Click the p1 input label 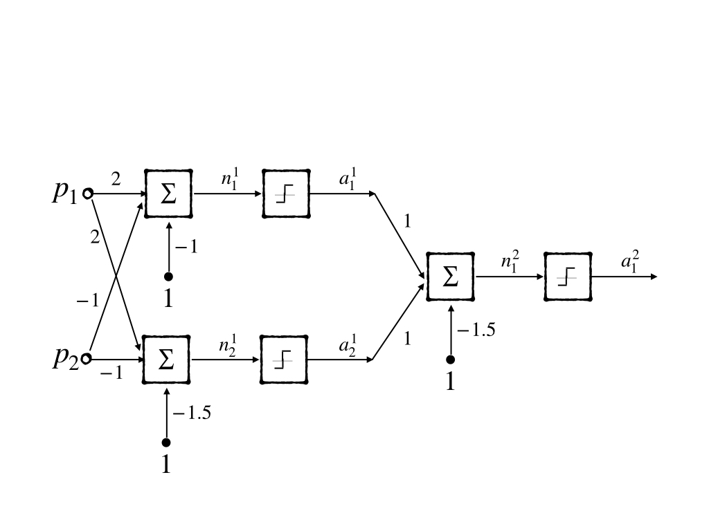(x=66, y=193)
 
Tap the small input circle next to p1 (x=87, y=194)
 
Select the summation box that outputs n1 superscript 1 (x=168, y=194)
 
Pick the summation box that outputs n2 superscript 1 (x=166, y=360)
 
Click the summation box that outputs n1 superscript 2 (x=450, y=277)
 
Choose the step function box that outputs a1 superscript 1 (x=285, y=194)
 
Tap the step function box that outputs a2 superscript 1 (x=284, y=360)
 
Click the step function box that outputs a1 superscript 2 (x=568, y=277)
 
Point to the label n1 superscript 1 (x=228, y=178)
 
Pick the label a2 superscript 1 (x=347, y=345)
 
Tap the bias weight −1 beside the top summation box (x=186, y=247)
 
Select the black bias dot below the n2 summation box (x=165, y=442)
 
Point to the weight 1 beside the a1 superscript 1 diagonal (x=407, y=221)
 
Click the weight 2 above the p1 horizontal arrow (x=116, y=180)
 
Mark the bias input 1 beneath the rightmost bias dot (x=450, y=381)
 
